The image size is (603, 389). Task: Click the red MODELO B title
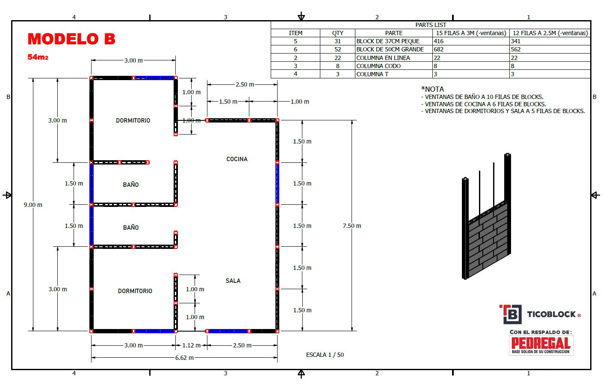pyautogui.click(x=71, y=39)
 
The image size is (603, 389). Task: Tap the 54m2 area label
pyautogui.click(x=38, y=57)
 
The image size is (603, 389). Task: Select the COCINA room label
pyautogui.click(x=236, y=159)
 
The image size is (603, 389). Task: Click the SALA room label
pyautogui.click(x=233, y=281)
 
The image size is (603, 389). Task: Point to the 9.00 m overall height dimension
pyautogui.click(x=33, y=205)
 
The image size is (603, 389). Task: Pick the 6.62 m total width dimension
pyautogui.click(x=184, y=358)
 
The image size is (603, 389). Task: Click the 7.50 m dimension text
pyautogui.click(x=352, y=226)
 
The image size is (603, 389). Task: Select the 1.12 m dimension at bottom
pyautogui.click(x=191, y=345)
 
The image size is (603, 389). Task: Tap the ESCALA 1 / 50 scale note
pyautogui.click(x=325, y=355)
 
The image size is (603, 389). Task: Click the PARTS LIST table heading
pyautogui.click(x=431, y=25)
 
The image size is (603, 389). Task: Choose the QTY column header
pyautogui.click(x=337, y=33)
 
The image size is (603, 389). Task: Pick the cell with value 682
pyautogui.click(x=439, y=49)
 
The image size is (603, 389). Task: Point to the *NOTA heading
pyautogui.click(x=432, y=89)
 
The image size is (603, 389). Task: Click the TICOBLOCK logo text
pyautogui.click(x=551, y=314)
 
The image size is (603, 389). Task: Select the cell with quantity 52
pyautogui.click(x=337, y=49)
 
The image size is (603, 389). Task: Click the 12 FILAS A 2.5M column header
pyautogui.click(x=550, y=33)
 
